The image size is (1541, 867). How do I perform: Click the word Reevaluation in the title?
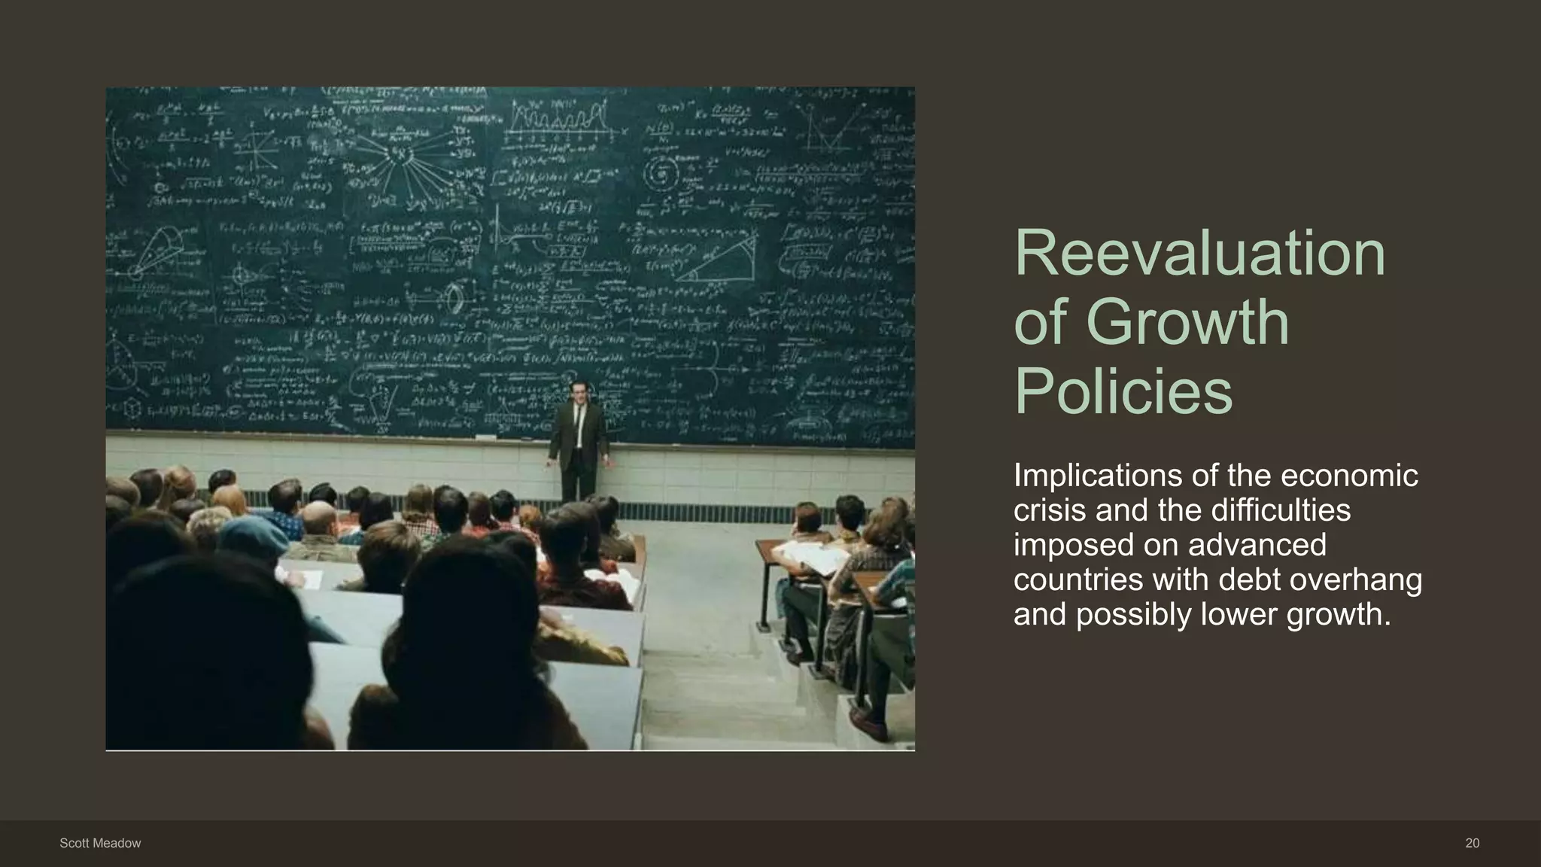[1199, 254]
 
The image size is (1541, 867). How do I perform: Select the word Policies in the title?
[1123, 391]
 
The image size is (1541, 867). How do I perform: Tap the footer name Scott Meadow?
[100, 844]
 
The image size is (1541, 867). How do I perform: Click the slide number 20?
[1472, 844]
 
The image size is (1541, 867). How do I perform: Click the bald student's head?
[318, 519]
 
